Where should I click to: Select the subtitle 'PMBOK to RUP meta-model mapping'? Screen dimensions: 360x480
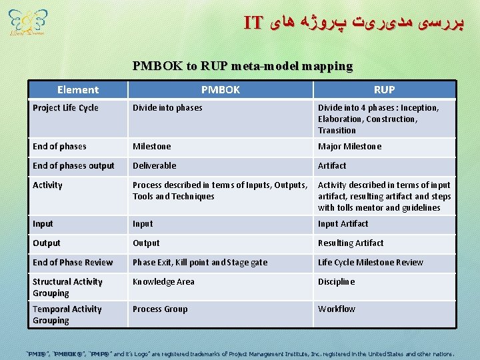tap(243, 66)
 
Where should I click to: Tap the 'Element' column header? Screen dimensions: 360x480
tap(78, 89)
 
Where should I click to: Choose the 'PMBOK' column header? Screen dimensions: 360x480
tap(221, 89)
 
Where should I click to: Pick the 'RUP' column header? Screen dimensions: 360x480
tap(384, 89)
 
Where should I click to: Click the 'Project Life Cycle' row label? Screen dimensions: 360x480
tap(65, 108)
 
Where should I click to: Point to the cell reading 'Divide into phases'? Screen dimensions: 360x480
tap(167, 108)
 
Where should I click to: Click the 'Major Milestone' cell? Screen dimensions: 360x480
tap(350, 147)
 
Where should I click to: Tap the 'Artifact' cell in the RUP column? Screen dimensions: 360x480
tap(332, 166)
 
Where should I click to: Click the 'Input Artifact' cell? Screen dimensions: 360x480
tap(343, 224)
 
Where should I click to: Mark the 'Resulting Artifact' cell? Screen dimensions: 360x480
tap(351, 243)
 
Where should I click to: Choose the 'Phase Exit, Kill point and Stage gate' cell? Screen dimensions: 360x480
tap(200, 263)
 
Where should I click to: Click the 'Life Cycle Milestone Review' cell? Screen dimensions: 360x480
tap(371, 263)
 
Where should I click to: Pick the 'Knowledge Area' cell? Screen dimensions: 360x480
tap(163, 282)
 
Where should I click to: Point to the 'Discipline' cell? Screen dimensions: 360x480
tap(337, 282)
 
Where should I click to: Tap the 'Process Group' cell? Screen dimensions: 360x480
tap(160, 309)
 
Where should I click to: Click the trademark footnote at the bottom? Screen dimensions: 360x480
tap(240, 354)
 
